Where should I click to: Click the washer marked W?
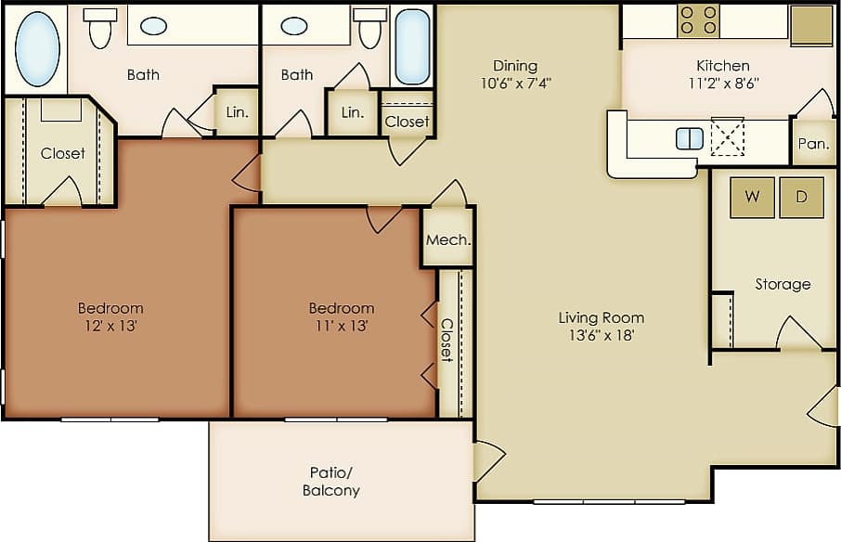[752, 197]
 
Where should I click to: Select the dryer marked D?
[801, 197]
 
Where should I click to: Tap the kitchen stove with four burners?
[698, 21]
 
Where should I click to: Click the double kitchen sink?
[690, 139]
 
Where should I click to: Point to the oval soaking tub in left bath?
[38, 48]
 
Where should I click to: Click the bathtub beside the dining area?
[412, 46]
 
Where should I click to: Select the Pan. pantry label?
[813, 144]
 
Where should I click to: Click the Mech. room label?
[448, 239]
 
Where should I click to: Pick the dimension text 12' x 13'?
[110, 326]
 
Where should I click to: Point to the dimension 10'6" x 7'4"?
[515, 82]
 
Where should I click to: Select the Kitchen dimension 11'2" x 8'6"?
[723, 82]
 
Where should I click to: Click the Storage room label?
[783, 284]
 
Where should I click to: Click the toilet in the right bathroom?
[370, 29]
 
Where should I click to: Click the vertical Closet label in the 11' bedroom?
[446, 340]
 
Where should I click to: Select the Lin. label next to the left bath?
[238, 112]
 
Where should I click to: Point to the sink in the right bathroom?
[294, 26]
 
